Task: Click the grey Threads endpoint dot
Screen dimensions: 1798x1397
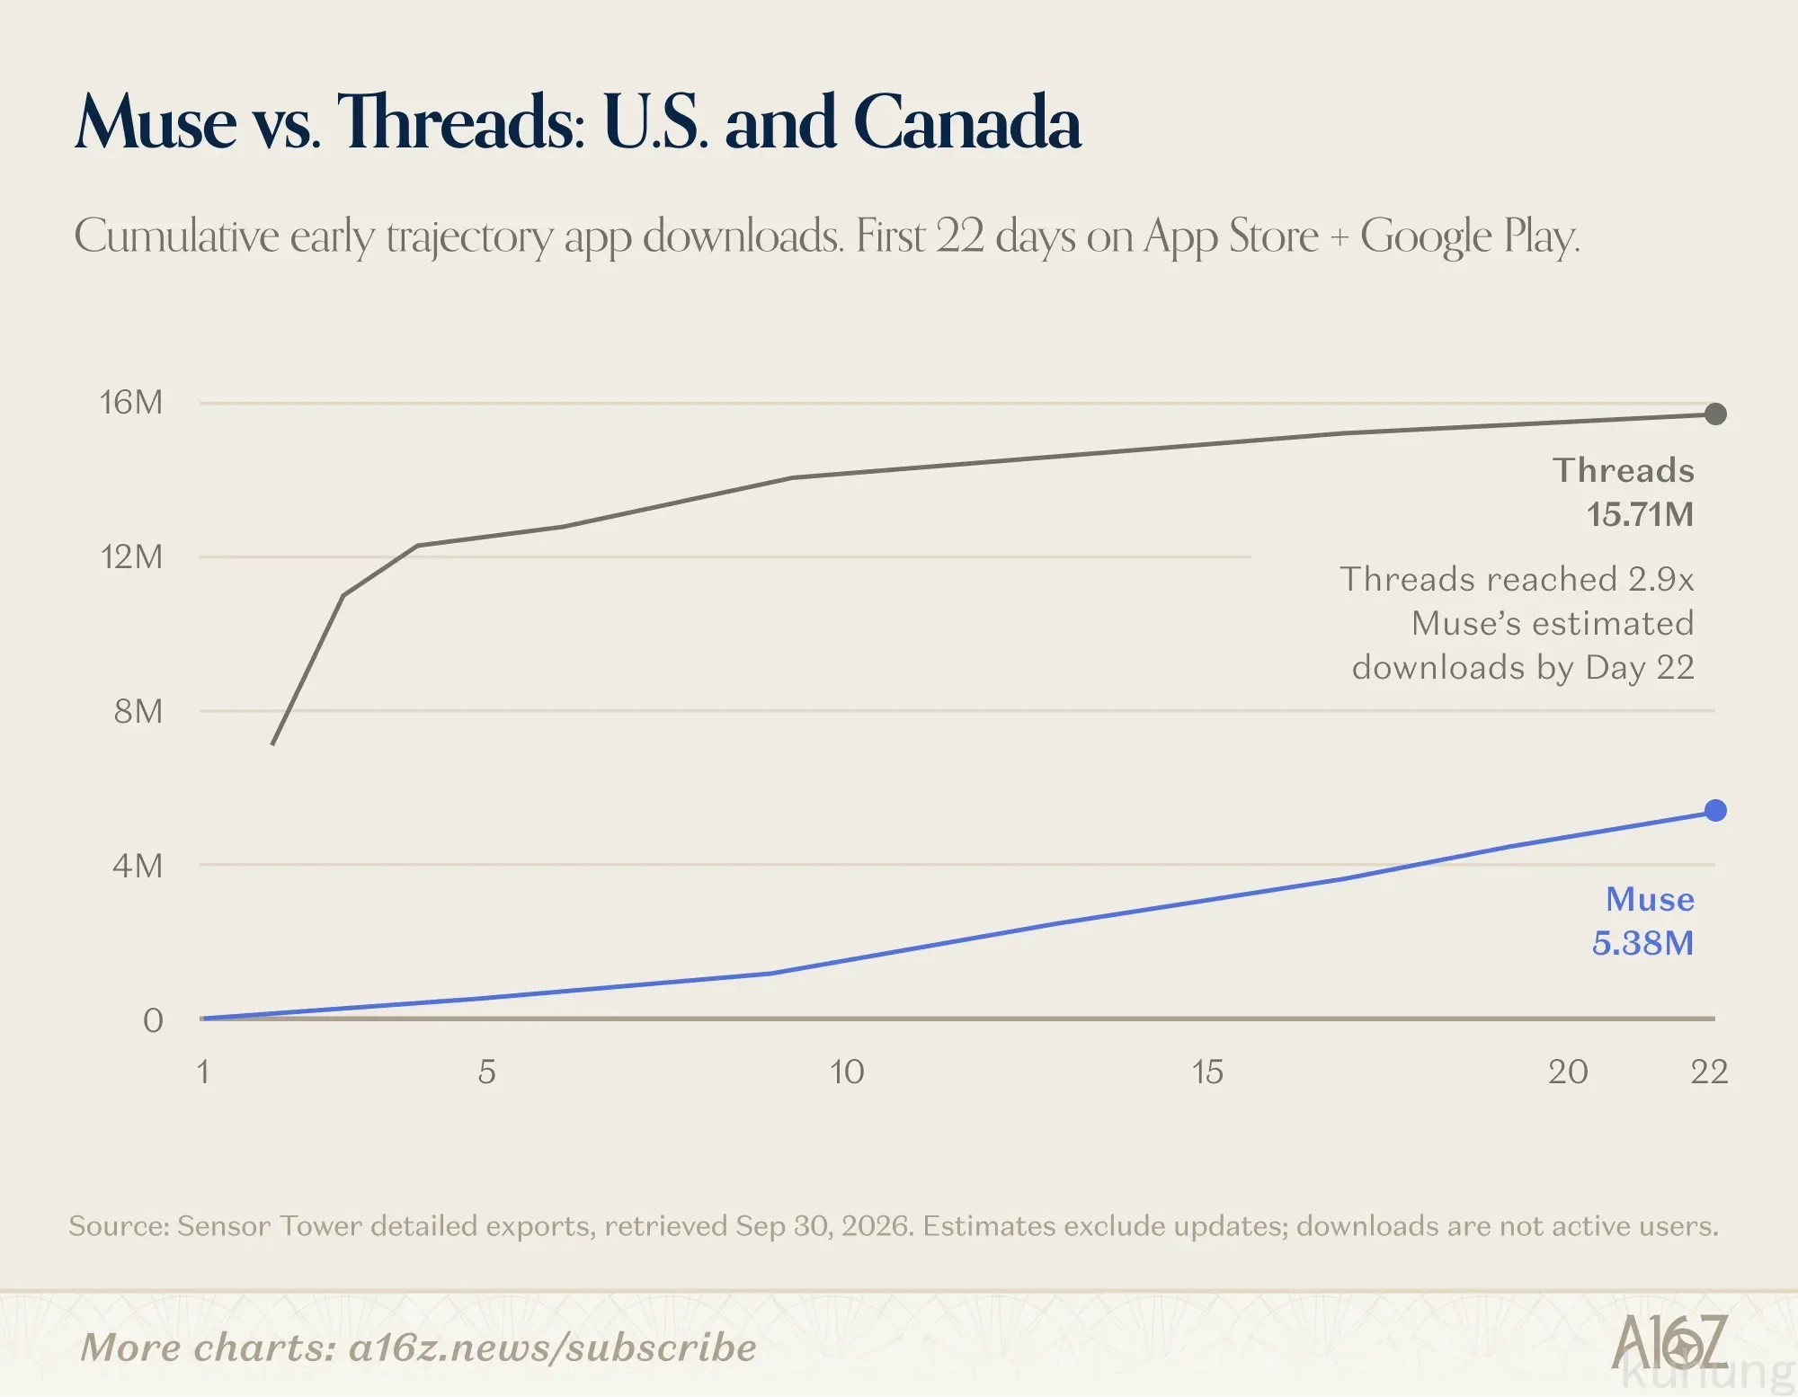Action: [x=1715, y=414]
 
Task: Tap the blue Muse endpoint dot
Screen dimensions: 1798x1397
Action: [x=1715, y=810]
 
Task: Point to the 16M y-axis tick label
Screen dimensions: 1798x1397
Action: [x=131, y=402]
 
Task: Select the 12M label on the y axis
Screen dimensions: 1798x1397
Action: [x=131, y=556]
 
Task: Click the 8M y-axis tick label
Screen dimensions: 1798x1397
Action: [x=138, y=711]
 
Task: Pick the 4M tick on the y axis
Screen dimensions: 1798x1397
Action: [x=138, y=866]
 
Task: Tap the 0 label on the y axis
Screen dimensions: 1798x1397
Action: [x=154, y=1020]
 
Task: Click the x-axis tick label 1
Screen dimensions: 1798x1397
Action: [x=203, y=1072]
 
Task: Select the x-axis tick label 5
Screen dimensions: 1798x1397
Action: [x=487, y=1072]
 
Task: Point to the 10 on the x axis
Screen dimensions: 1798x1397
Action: [x=847, y=1072]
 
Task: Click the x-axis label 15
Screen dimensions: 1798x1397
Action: [x=1207, y=1072]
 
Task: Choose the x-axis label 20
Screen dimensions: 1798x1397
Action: [x=1568, y=1072]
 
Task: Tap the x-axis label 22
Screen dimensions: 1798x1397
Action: [x=1709, y=1072]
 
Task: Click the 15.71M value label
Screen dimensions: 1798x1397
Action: [x=1640, y=514]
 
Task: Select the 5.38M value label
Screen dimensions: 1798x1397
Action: [x=1643, y=943]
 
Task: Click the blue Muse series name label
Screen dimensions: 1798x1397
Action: [x=1651, y=899]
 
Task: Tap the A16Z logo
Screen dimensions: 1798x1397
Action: [x=1670, y=1342]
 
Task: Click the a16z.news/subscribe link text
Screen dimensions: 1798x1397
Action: [x=553, y=1348]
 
